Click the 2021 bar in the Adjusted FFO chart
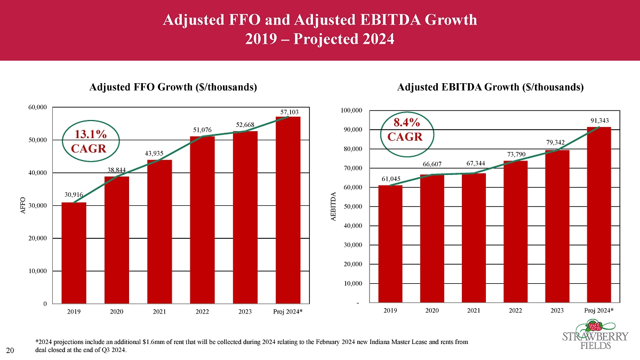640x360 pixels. pos(159,231)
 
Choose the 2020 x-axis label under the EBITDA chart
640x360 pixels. pos(432,309)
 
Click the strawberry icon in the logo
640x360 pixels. pos(594,325)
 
